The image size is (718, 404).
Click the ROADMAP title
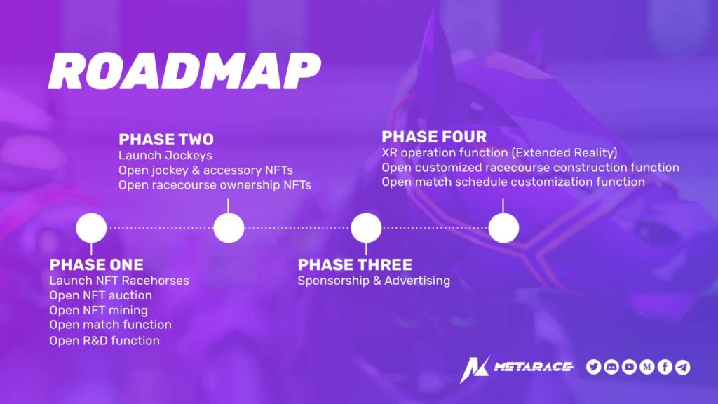184,71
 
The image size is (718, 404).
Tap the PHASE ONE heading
97,264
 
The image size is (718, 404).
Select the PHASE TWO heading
166,140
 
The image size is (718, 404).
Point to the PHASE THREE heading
355,264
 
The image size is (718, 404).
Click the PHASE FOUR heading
434,137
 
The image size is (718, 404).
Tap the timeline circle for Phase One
92,228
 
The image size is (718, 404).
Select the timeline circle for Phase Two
229,228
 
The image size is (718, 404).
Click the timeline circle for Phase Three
366,228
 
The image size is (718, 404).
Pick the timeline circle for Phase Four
503,228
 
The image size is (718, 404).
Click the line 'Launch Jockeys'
165,156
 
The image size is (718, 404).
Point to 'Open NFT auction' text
101,295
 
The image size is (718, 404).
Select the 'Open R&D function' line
105,341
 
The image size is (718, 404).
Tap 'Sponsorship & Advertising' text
374,281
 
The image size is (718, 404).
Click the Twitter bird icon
593,367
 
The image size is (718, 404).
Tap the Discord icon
611,367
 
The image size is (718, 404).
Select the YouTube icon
629,367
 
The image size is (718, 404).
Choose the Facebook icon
665,367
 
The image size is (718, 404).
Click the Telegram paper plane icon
683,367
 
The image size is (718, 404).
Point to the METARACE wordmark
534,366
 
